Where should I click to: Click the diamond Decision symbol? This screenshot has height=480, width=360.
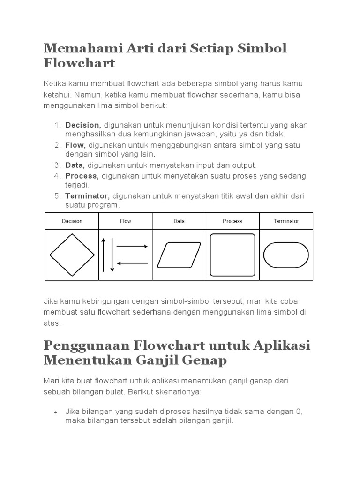coord(72,255)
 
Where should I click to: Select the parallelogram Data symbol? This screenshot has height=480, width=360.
coord(179,255)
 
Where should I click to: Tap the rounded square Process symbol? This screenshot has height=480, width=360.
coord(232,255)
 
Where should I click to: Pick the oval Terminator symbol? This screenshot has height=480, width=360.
coord(286,255)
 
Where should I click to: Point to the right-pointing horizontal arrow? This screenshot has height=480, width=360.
coord(132,246)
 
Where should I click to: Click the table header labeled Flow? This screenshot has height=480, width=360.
coord(126,221)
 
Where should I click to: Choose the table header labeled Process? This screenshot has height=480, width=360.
coord(232,221)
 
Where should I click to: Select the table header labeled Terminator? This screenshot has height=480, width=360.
coord(286,221)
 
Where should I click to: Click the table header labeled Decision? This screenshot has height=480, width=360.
coord(72,221)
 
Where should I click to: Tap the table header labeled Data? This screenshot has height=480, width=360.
coord(179,221)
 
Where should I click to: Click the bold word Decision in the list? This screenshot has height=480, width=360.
coord(83,125)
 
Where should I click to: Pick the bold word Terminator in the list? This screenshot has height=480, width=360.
coord(87,196)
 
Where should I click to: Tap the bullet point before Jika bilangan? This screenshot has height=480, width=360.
coord(55,412)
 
